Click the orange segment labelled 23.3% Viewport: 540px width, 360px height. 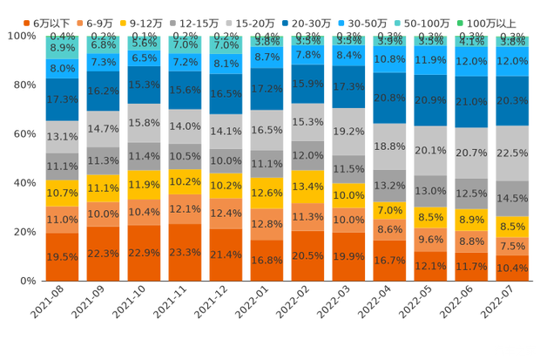tap(185, 252)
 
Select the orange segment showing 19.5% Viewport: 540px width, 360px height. tap(62, 256)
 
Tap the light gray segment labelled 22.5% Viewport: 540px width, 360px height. tap(512, 153)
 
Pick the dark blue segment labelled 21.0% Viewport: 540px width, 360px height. tap(471, 102)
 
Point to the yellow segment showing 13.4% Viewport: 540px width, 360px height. tap(307, 187)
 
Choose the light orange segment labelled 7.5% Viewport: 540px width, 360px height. tap(512, 247)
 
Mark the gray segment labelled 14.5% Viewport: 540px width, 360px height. tap(512, 199)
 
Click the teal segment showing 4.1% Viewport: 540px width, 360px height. tap(471, 41)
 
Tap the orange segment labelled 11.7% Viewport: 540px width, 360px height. tap(471, 267)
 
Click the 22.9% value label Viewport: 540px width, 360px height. tap(144, 253)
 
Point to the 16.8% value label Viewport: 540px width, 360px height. tap(267, 260)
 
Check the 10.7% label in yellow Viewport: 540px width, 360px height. tap(62, 193)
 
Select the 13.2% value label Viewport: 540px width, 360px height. tap(389, 186)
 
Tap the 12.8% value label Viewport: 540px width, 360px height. tap(267, 224)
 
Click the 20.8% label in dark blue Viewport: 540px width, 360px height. tap(389, 98)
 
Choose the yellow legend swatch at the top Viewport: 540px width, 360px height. tap(123, 21)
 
